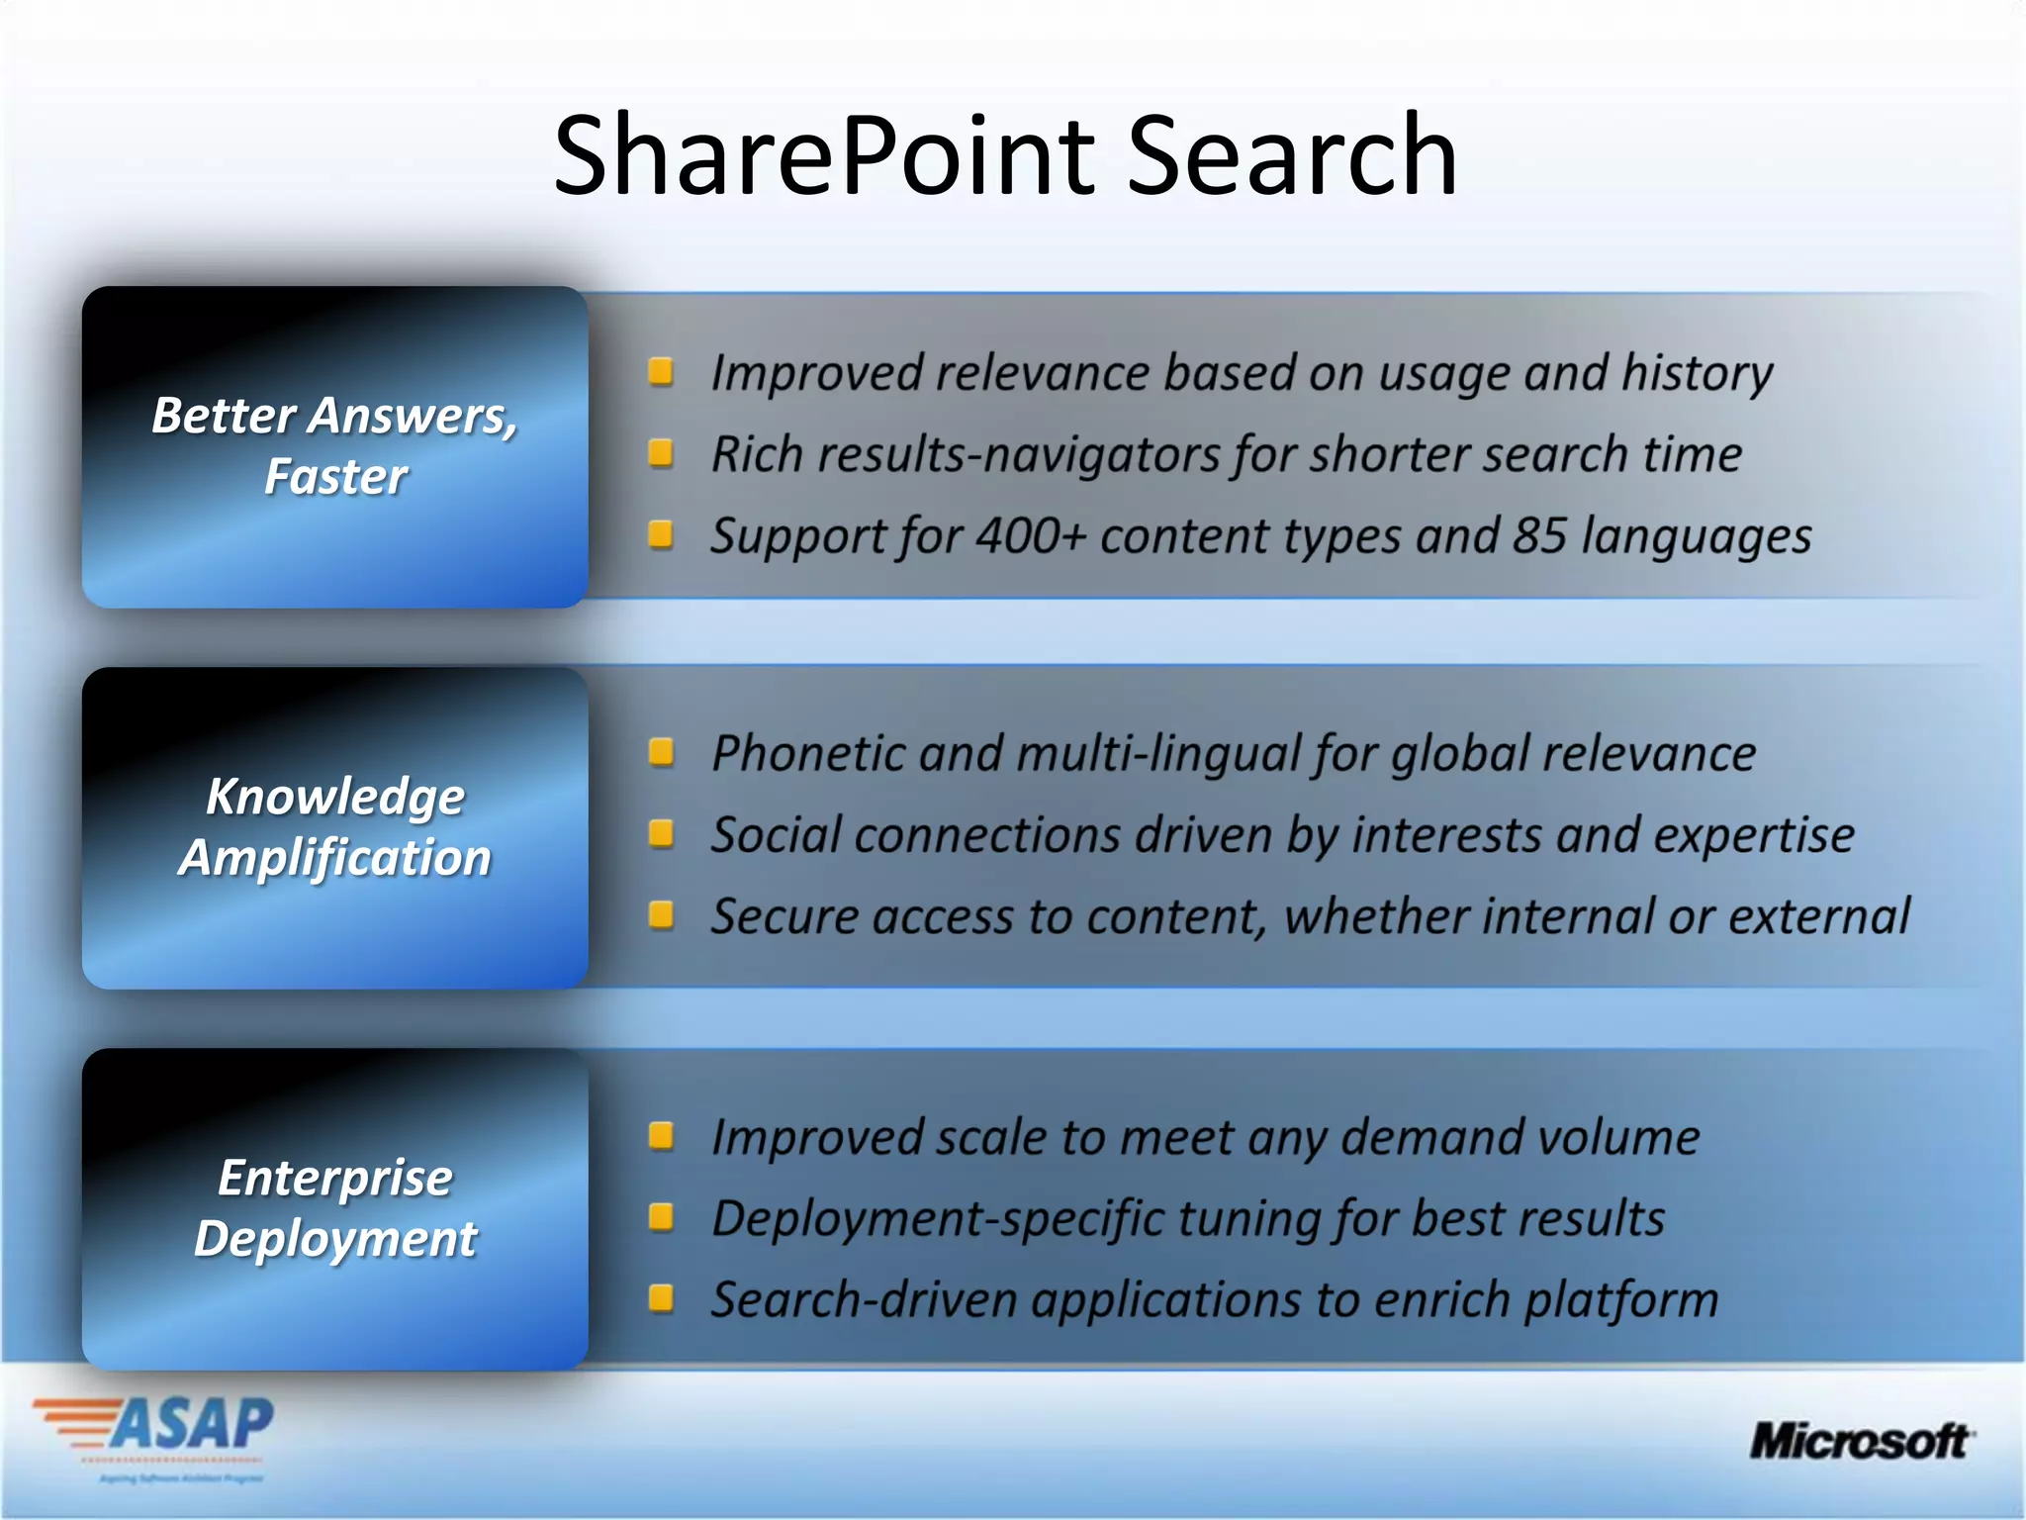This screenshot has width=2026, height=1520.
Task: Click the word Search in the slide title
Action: click(1291, 156)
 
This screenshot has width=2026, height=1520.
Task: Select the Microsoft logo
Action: click(1861, 1441)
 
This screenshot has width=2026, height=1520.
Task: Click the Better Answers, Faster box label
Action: click(335, 445)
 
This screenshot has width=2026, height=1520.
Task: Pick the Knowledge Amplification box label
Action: click(335, 826)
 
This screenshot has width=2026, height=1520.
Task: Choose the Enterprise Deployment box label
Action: click(335, 1207)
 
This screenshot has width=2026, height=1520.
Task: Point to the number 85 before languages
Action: click(1539, 536)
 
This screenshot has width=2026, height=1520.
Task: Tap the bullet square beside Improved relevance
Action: click(661, 372)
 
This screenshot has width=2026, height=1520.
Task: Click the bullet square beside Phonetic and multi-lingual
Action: click(661, 752)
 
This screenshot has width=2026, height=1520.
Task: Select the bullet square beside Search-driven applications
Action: click(661, 1297)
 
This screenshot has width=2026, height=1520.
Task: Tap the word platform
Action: click(1621, 1300)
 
